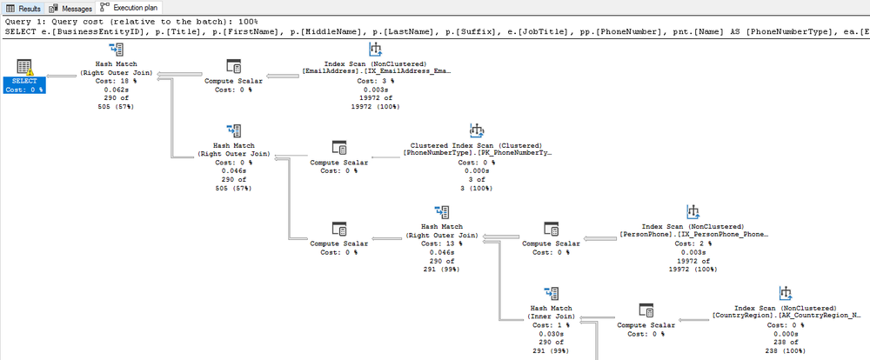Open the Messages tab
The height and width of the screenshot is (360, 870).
click(x=72, y=7)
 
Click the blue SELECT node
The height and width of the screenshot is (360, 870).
click(x=24, y=77)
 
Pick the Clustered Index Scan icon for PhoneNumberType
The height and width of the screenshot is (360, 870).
click(x=477, y=131)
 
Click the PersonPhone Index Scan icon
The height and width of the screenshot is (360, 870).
click(x=693, y=212)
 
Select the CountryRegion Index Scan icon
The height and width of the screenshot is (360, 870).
click(x=786, y=292)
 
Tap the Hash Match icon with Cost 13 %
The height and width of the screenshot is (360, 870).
click(x=441, y=212)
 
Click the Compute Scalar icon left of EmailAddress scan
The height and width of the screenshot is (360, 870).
click(x=233, y=67)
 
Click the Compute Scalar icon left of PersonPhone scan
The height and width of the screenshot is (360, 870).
click(x=551, y=229)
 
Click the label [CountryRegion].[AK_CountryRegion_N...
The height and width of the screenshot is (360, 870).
click(x=786, y=315)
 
